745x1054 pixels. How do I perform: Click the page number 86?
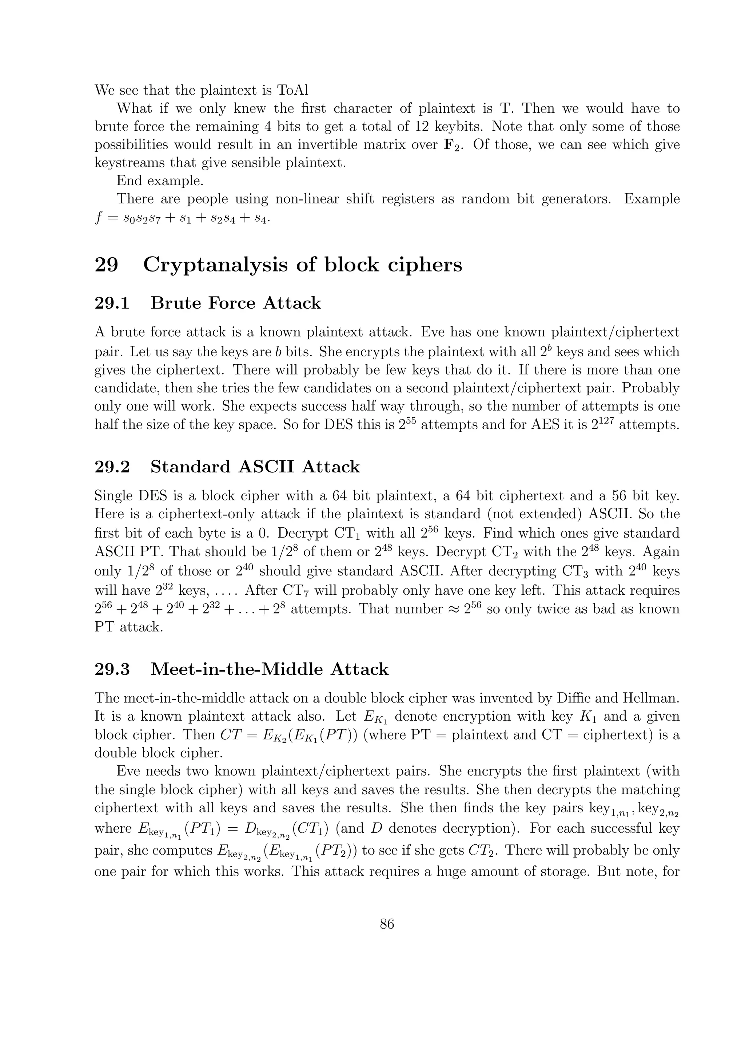click(x=387, y=924)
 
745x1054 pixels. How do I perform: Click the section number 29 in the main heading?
click(x=107, y=265)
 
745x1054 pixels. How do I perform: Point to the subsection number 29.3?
click(x=112, y=669)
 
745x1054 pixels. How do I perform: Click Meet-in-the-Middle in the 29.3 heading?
click(x=238, y=669)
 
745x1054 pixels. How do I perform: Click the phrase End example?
click(x=160, y=181)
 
